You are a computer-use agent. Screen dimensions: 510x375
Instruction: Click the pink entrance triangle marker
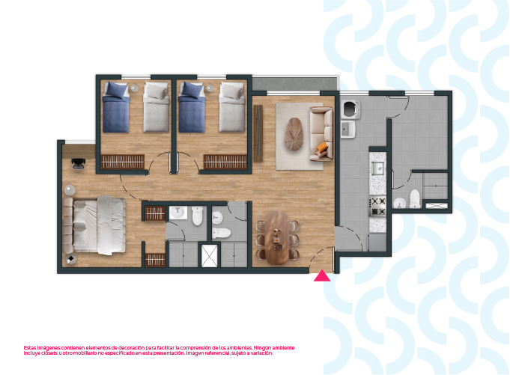pos(322,276)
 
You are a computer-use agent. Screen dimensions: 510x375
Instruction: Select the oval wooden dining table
pos(276,238)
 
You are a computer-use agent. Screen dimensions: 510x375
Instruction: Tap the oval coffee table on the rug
pos(294,134)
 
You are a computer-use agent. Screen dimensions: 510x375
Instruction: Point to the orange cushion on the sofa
pos(322,147)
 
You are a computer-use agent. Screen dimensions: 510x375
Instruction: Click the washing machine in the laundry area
pos(350,109)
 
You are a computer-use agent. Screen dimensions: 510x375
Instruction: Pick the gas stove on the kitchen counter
pos(377,206)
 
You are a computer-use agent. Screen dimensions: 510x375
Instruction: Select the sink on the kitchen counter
pos(377,168)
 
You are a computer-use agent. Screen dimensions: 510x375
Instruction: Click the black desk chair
pos(79,164)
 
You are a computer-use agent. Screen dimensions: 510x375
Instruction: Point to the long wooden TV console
pos(258,133)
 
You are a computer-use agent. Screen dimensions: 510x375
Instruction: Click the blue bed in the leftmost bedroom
pos(116,107)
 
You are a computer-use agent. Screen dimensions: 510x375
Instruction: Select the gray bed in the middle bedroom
pos(231,107)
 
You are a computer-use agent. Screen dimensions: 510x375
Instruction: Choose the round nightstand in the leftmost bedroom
pos(135,88)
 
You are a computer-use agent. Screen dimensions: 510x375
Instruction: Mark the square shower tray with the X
pos(210,256)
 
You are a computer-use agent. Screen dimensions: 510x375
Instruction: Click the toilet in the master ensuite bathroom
pos(198,216)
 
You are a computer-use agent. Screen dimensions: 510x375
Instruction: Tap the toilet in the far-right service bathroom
pos(415,198)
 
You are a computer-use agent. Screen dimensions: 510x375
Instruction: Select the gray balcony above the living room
pos(294,84)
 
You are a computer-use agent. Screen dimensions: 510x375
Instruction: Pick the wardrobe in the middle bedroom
pos(225,162)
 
